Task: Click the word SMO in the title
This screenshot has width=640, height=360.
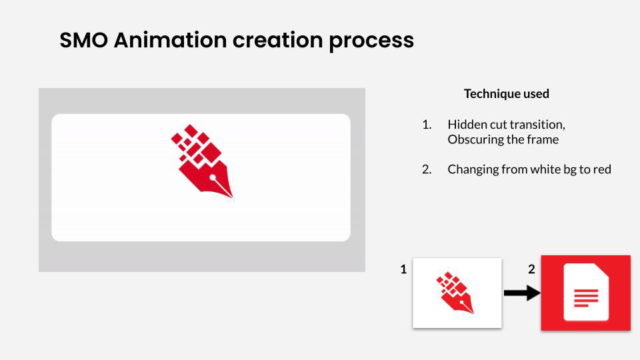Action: coord(84,40)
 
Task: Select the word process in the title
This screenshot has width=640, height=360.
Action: coord(371,41)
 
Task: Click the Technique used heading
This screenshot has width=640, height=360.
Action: coord(507,93)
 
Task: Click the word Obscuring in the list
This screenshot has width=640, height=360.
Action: coord(475,139)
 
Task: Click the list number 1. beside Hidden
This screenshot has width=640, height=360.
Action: coord(427,125)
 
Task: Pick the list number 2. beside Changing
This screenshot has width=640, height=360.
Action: coord(427,169)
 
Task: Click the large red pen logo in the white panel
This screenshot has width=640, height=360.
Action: coord(202,161)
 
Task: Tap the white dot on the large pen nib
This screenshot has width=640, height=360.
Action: coord(213,177)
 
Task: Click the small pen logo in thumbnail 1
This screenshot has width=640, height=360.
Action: coord(455,293)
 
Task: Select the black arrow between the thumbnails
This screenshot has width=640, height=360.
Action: coord(522,293)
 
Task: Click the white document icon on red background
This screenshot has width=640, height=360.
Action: coord(586,292)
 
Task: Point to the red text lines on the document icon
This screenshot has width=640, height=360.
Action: coord(586,297)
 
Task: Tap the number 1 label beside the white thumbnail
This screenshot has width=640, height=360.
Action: coord(403,269)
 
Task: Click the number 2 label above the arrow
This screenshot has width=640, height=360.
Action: coord(531,269)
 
